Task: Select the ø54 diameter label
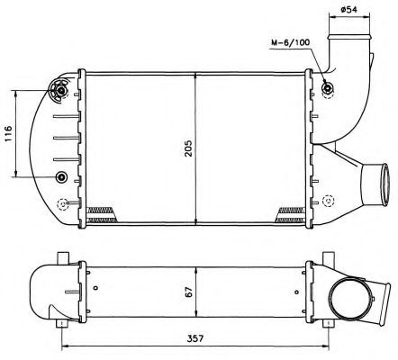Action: (348, 10)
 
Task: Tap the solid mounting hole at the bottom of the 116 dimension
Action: (61, 175)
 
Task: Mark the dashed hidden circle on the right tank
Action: (330, 201)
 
